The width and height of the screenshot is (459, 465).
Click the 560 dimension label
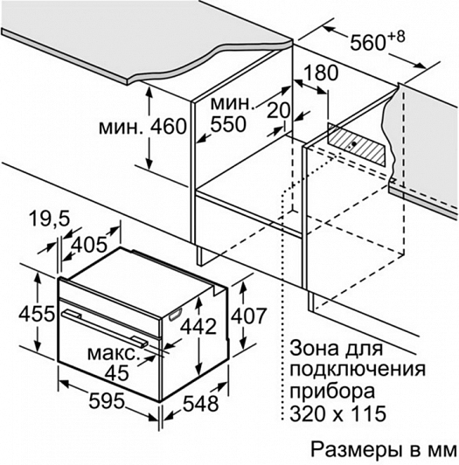click(367, 42)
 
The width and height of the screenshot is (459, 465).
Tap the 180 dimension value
click(321, 73)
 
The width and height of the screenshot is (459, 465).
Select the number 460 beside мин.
click(169, 127)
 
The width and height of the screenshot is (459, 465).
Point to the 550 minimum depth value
click(228, 124)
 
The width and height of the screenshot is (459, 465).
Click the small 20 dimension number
click(278, 110)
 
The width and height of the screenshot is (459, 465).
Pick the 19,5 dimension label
click(50, 219)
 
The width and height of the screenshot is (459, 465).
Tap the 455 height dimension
click(37, 314)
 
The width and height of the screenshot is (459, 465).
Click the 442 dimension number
click(198, 327)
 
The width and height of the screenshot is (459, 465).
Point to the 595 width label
click(107, 400)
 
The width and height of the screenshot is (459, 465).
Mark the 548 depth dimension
click(200, 404)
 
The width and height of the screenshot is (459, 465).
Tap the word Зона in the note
click(314, 348)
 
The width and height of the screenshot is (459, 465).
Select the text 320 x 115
click(338, 413)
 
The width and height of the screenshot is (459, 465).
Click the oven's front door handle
click(104, 328)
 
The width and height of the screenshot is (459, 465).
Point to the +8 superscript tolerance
click(396, 38)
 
